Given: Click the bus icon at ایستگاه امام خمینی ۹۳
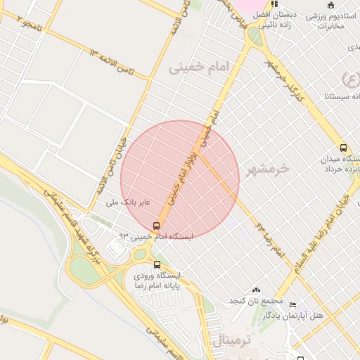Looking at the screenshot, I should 156,226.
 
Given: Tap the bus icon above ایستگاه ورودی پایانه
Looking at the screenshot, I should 156,265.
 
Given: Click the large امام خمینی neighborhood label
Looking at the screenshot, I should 200,67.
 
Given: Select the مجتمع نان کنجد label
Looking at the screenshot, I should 244,301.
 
